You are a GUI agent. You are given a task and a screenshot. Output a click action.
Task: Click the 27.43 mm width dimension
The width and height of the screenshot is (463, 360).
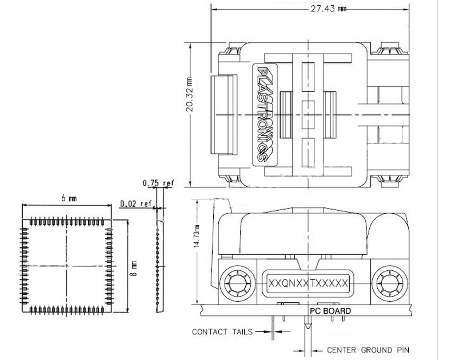pos(328,9)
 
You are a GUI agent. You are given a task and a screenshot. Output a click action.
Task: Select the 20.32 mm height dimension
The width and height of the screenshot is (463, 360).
pos(190,94)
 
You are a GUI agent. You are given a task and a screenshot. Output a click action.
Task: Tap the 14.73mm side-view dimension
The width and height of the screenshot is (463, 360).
pos(197,236)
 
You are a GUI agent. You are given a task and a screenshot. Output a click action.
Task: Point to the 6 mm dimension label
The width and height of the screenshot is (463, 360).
pos(69,198)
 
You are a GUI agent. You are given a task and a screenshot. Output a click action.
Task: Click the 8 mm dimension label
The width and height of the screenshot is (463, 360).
pos(134,269)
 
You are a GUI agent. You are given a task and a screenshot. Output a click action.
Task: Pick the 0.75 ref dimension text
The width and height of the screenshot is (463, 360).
pos(158,183)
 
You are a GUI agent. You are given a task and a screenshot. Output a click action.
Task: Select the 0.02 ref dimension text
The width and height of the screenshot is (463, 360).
pos(136,203)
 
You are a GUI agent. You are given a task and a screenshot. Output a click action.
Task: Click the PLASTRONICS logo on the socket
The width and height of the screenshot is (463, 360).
pos(265,115)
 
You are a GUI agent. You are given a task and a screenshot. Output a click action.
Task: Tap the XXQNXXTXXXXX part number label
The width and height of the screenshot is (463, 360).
pos(308,283)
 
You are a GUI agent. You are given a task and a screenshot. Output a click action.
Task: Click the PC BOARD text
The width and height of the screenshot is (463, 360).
pos(330,311)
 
